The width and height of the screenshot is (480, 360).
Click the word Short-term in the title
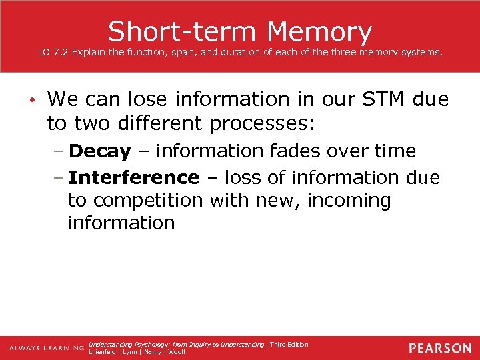(x=181, y=31)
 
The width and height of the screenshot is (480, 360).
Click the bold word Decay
(x=99, y=151)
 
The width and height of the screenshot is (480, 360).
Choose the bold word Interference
(x=133, y=177)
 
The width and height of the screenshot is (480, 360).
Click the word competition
(x=147, y=200)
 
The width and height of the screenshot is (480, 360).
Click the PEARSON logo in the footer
(x=441, y=348)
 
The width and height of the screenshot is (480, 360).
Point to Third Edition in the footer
(x=289, y=344)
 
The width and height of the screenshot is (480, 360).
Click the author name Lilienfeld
(x=103, y=352)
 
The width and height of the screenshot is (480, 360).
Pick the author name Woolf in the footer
(x=177, y=352)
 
